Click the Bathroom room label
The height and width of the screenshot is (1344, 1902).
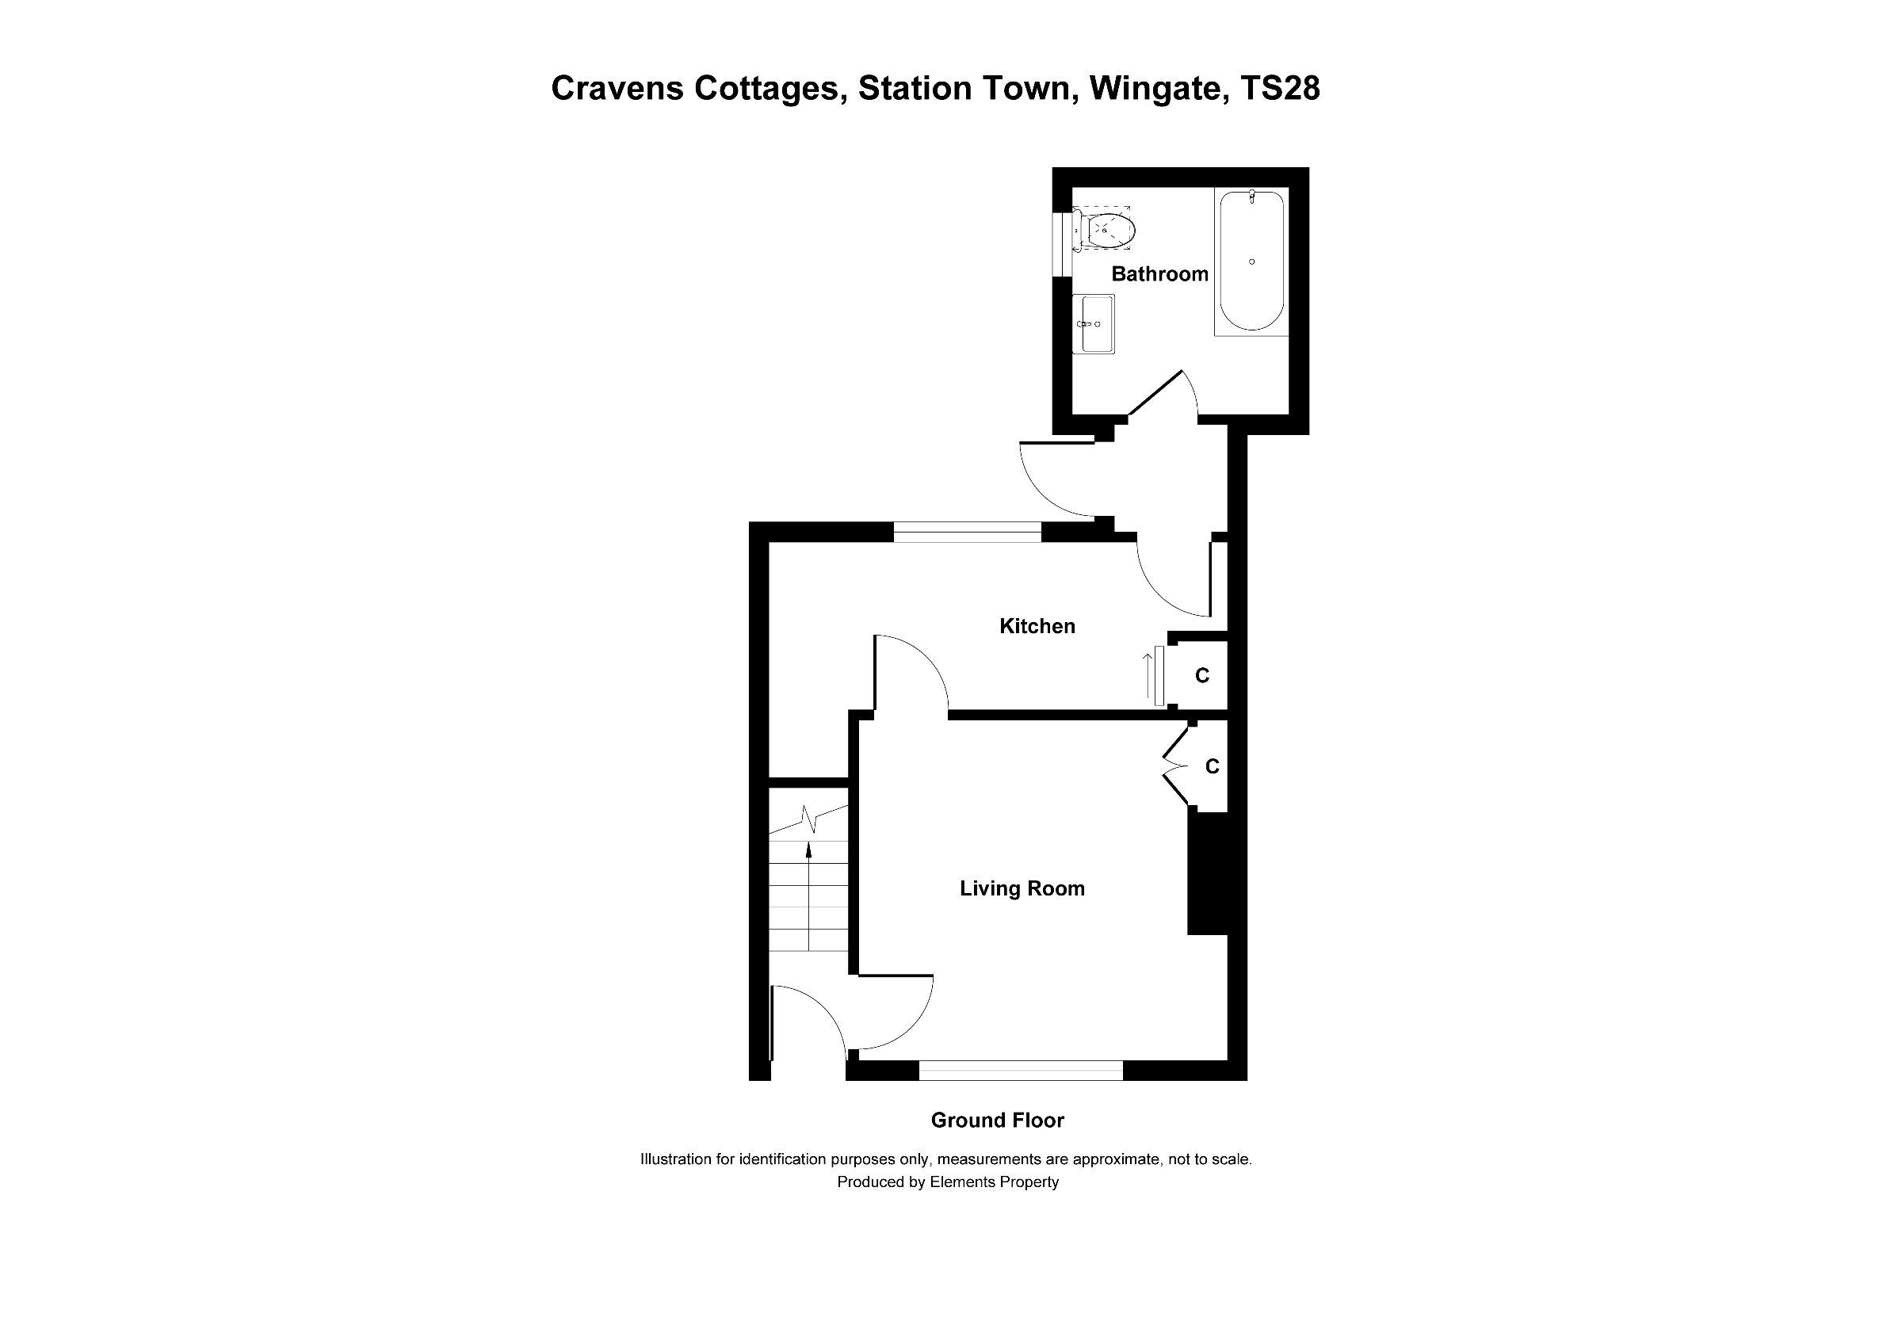(1159, 274)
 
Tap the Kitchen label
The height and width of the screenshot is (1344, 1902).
(1037, 626)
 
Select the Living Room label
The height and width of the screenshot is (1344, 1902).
(1022, 888)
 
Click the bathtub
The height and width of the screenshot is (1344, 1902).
(1251, 261)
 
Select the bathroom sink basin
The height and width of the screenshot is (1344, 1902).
(1094, 324)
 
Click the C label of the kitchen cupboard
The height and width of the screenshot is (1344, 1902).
(1201, 677)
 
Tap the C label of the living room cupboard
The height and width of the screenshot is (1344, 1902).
(1211, 767)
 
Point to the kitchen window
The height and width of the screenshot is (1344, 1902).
(967, 532)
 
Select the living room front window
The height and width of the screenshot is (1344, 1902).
(1021, 1071)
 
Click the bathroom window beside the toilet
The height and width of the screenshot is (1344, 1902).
(1061, 242)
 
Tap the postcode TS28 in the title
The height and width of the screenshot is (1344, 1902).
(1281, 89)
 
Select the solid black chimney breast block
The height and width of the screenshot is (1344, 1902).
(1207, 872)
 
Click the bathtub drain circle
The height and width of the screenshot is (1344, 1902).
(1251, 262)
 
